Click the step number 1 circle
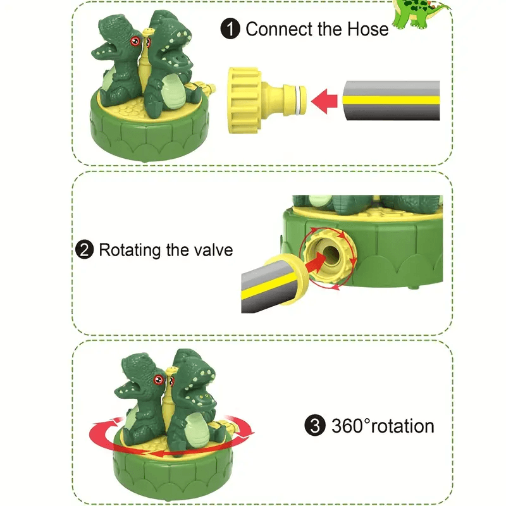pyautogui.click(x=230, y=29)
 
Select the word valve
pyautogui.click(x=211, y=250)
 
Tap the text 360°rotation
pyautogui.click(x=383, y=426)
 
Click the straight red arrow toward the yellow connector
pyautogui.click(x=325, y=100)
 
